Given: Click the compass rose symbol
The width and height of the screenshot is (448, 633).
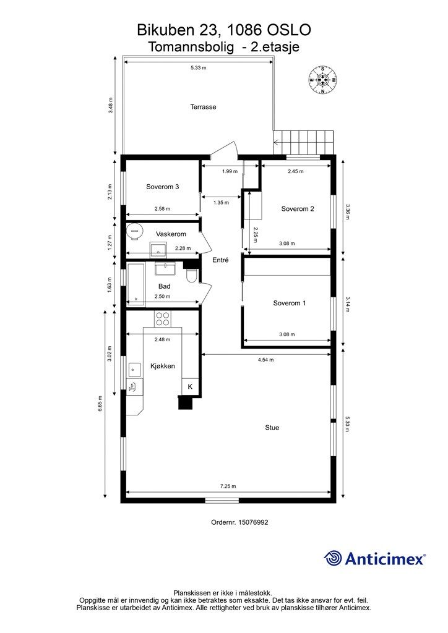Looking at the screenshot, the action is coord(323,80).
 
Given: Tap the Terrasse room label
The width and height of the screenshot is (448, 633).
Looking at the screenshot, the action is coord(203,107).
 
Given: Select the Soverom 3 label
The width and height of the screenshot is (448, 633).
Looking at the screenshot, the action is coord(162,187).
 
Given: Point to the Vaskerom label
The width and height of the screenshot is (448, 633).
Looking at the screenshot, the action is coord(171,234).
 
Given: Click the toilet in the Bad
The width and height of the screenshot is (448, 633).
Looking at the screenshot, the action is coord(191,276).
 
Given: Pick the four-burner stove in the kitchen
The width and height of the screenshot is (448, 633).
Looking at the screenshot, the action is coord(163,318).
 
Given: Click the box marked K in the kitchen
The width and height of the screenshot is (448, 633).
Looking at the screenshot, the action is coord(190,386).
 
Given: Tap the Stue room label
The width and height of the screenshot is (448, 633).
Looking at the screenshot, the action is coord(272,428).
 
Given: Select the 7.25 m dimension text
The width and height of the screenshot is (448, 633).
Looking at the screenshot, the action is coord(228,486).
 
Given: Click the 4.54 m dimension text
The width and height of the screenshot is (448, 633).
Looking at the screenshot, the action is coord(266,360).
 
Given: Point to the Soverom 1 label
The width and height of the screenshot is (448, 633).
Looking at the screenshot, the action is coord(289,303).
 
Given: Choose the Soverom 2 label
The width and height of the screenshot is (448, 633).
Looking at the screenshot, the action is coord(298,209).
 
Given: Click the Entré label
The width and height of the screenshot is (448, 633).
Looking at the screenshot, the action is coord(220,260).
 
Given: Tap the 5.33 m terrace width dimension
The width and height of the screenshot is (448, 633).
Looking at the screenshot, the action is coord(199,68).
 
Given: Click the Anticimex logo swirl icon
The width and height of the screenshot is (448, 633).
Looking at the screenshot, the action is coord(332,558).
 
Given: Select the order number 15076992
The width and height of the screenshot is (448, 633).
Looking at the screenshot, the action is coord(253,522).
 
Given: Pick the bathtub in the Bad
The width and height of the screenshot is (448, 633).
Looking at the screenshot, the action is coord(136,284).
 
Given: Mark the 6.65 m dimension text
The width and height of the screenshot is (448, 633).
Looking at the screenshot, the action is coord(100,404).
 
